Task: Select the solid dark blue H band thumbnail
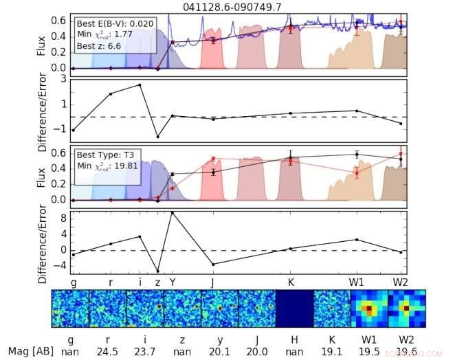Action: pos(294,308)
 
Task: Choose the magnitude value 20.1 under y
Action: pos(219,351)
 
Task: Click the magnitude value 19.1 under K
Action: pos(332,351)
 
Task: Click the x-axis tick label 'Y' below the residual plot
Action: pos(173,282)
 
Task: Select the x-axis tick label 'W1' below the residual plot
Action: pos(357,282)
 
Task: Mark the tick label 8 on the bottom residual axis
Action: pos(63,218)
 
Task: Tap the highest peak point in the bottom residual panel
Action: pos(172,212)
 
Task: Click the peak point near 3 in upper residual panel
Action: pos(140,85)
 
